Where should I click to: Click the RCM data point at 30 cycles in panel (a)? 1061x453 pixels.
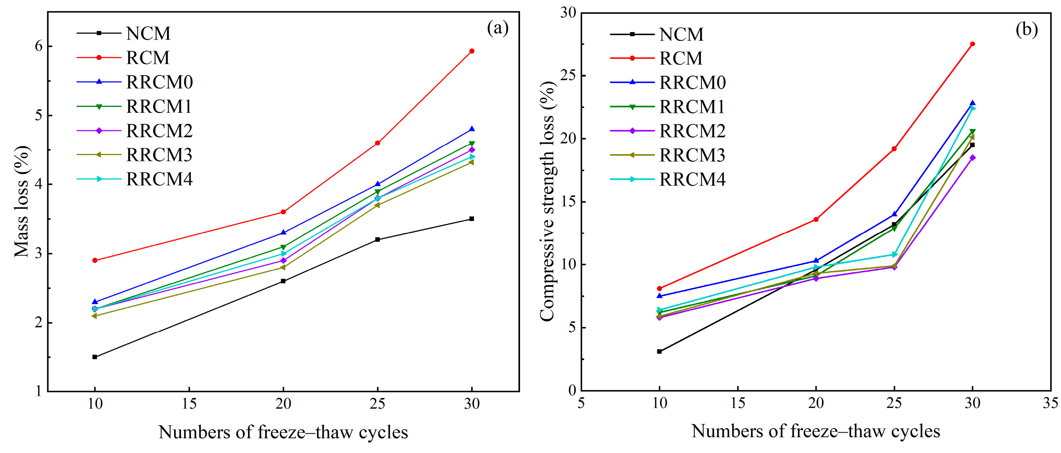[x=472, y=51]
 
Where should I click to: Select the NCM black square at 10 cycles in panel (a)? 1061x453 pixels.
[x=95, y=357]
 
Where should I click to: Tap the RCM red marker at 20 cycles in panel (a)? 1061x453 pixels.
[x=283, y=212]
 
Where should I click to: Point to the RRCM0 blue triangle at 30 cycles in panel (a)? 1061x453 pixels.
[x=472, y=129]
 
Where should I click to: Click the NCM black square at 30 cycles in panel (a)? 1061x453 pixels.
[x=472, y=219]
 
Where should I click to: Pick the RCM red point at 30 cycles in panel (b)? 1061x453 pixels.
[x=972, y=44]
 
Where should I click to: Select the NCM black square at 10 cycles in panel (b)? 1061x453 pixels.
[x=660, y=351]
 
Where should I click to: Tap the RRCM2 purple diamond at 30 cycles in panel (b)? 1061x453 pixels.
[x=972, y=157]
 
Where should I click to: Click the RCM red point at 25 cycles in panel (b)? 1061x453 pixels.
[x=894, y=149]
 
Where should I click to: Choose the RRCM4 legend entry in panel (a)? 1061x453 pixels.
[x=159, y=180]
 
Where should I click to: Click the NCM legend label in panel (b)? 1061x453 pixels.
[x=681, y=35]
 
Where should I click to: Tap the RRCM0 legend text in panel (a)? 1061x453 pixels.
[x=159, y=82]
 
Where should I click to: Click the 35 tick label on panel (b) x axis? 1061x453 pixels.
[x=1050, y=403]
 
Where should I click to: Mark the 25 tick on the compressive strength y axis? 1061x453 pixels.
[x=568, y=76]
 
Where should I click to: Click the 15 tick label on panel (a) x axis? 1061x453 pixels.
[x=189, y=404]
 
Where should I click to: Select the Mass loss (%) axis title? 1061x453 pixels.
[x=21, y=202]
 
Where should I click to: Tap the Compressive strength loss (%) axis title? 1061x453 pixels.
[x=548, y=202]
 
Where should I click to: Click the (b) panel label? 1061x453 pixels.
[x=1026, y=30]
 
